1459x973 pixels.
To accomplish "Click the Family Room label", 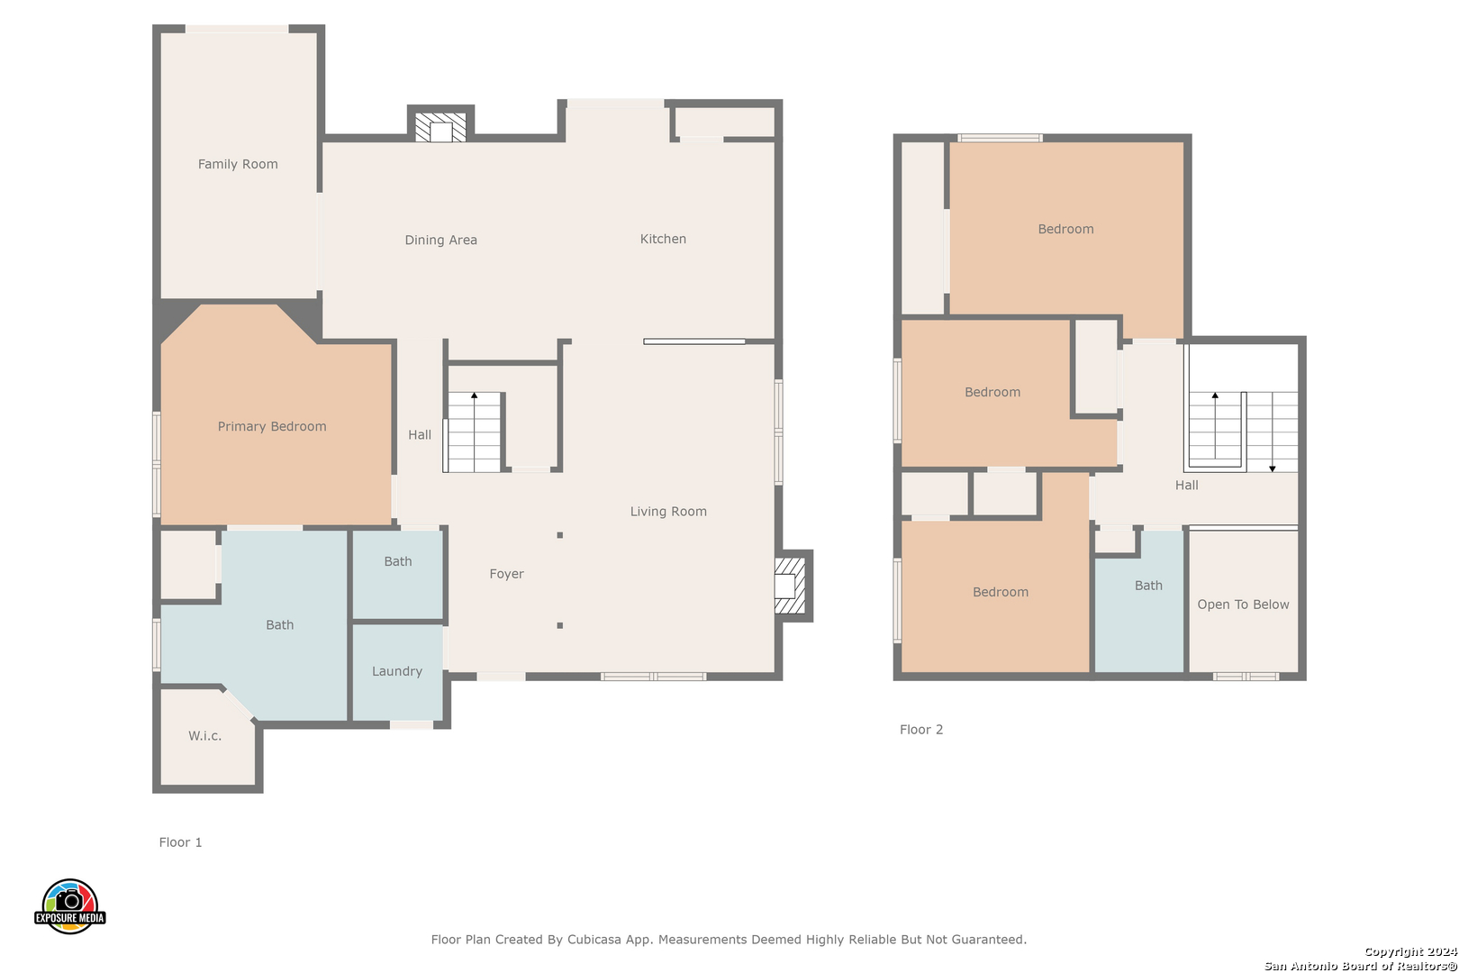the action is pyautogui.click(x=238, y=164).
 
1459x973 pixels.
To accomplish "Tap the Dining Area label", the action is pyautogui.click(x=441, y=240).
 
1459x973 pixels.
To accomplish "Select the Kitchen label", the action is pyautogui.click(x=663, y=239).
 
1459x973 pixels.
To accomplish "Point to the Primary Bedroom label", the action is pyautogui.click(x=272, y=426).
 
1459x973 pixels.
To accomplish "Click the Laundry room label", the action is pyautogui.click(x=397, y=671).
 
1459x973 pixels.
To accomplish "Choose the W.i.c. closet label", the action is pyautogui.click(x=205, y=736).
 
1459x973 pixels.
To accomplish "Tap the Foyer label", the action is pyautogui.click(x=507, y=574).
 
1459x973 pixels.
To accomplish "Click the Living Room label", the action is pyautogui.click(x=668, y=512).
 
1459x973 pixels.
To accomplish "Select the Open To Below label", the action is pyautogui.click(x=1243, y=605).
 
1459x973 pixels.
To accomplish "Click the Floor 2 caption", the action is pyautogui.click(x=921, y=729).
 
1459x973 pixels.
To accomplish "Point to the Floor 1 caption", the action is pyautogui.click(x=180, y=842).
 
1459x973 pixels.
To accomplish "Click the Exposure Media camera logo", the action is pyautogui.click(x=69, y=905).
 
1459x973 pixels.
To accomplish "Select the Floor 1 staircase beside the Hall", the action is pyautogui.click(x=474, y=432).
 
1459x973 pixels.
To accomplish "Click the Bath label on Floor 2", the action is pyautogui.click(x=1148, y=586).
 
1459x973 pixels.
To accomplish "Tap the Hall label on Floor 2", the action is pyautogui.click(x=1187, y=485).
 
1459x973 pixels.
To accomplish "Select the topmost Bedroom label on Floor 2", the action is pyautogui.click(x=1065, y=229).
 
